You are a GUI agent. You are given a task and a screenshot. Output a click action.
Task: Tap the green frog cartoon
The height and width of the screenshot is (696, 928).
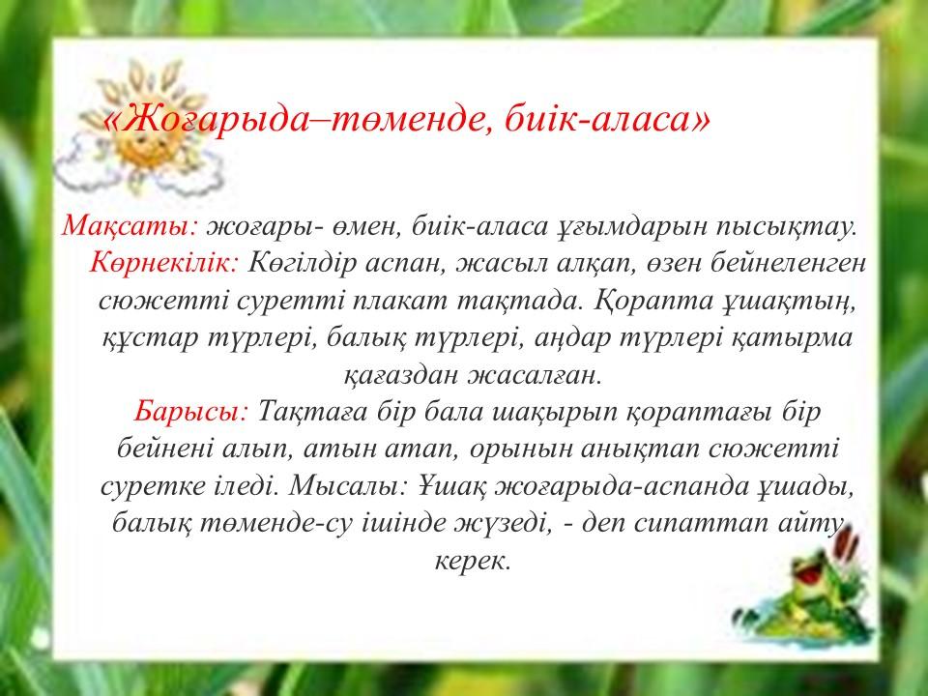pyautogui.click(x=811, y=597)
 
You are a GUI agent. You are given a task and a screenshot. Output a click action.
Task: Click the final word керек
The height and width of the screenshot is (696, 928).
pyautogui.click(x=473, y=561)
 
